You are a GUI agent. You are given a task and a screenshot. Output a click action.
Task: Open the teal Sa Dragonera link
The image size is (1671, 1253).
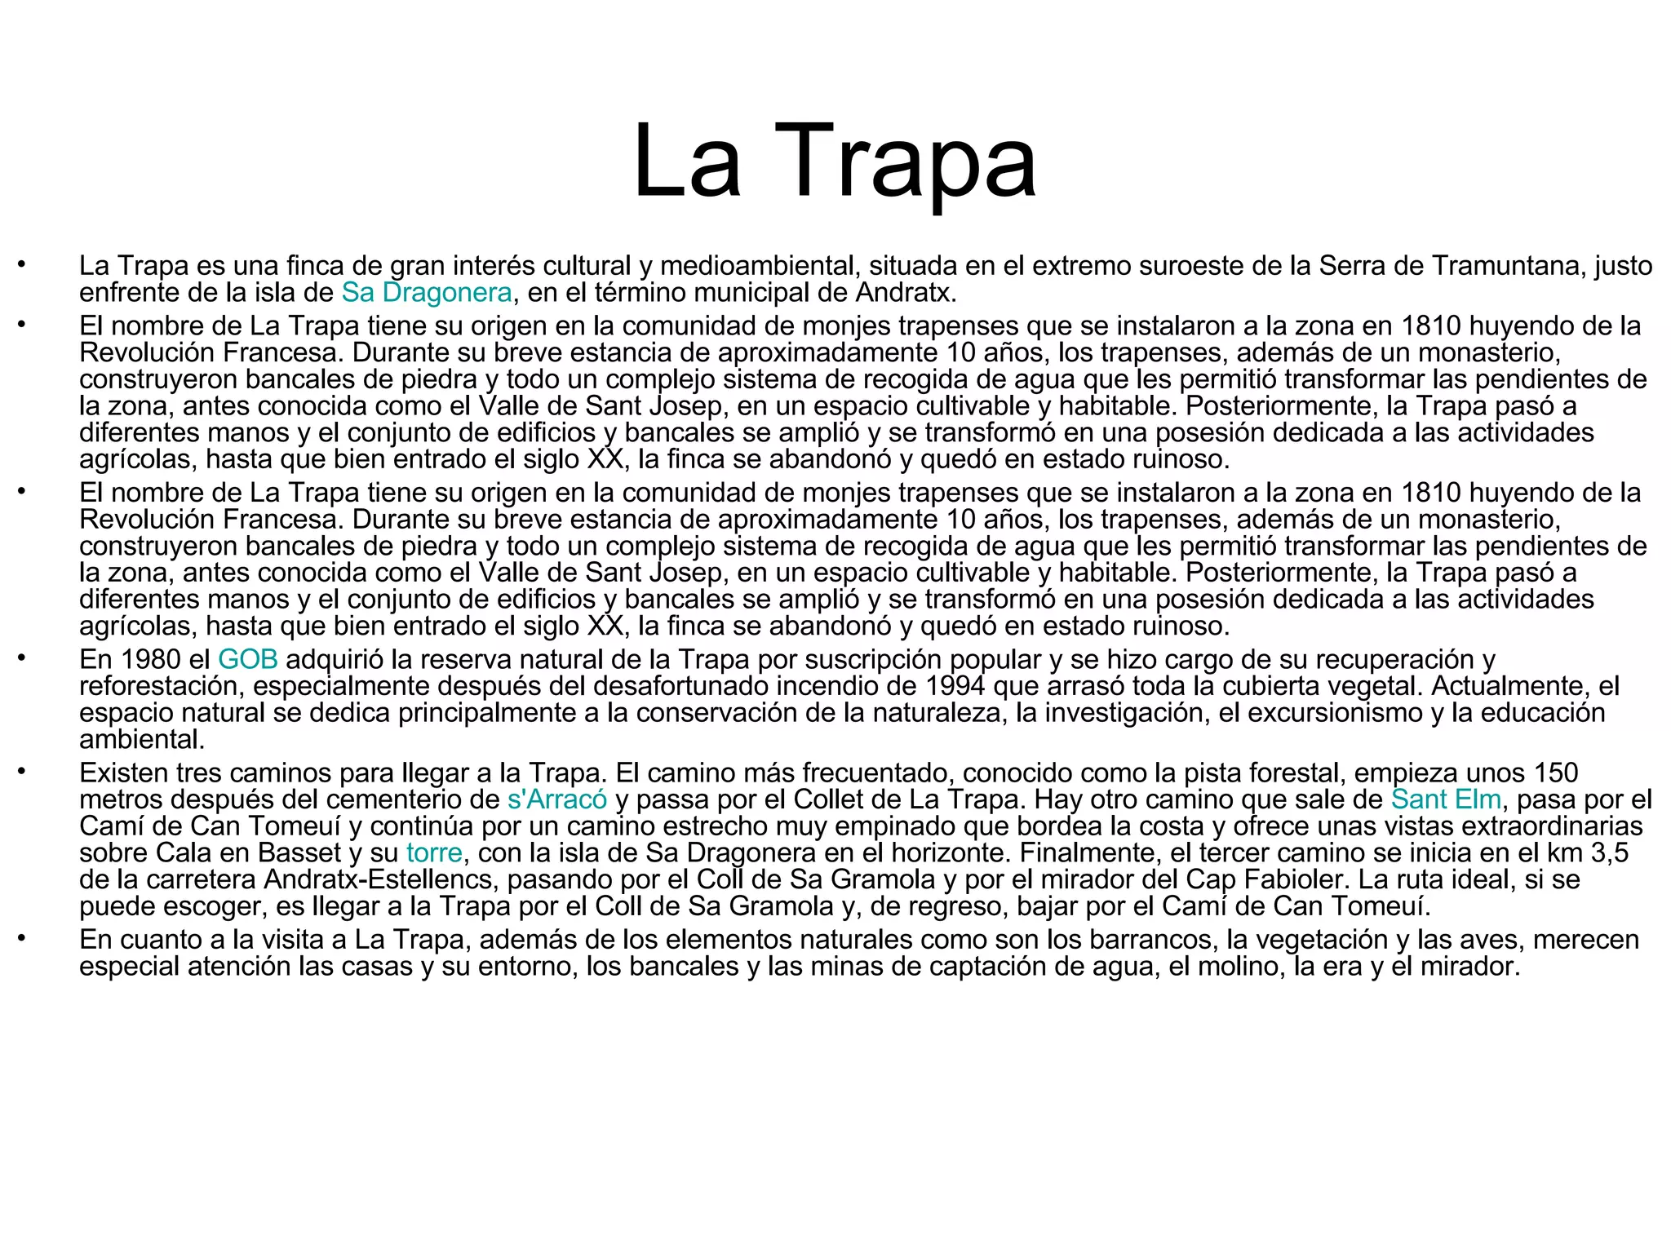click(x=427, y=292)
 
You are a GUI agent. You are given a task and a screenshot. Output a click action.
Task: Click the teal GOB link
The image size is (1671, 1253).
click(x=248, y=659)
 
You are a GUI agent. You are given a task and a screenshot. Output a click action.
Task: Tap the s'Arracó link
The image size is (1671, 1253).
click(x=557, y=799)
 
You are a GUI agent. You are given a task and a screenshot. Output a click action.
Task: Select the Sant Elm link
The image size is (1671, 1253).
click(x=1446, y=799)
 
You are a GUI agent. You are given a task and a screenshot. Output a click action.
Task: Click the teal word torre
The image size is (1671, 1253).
click(x=435, y=853)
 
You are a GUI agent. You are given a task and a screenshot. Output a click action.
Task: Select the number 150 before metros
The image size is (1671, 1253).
click(x=1555, y=773)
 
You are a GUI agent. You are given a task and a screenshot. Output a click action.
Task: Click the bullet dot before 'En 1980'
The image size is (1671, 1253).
click(x=23, y=657)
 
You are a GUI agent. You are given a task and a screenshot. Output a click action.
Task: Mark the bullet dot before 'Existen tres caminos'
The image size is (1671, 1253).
click(x=23, y=771)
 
